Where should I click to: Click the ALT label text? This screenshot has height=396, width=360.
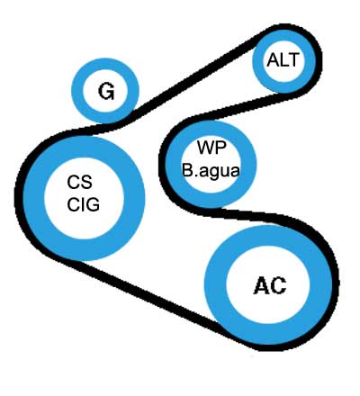[x=283, y=59]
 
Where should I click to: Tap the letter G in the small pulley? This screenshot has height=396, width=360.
[x=106, y=91]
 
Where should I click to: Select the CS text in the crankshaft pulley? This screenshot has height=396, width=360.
[x=79, y=182]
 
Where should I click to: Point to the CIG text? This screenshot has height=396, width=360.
[x=83, y=205]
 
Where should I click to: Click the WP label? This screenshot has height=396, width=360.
[x=211, y=147]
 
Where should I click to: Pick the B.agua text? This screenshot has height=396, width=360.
[x=211, y=170]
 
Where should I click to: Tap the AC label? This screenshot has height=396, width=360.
[x=270, y=285]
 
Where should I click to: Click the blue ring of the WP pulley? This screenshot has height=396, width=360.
[x=248, y=165]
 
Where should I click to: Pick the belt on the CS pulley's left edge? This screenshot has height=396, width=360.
[x=19, y=198]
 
